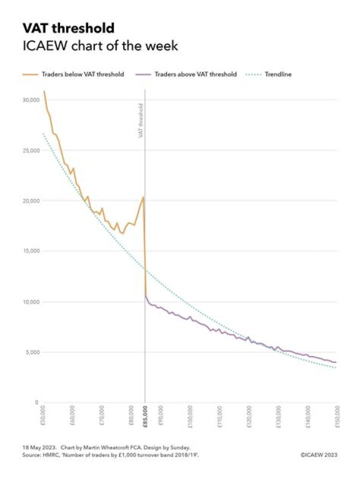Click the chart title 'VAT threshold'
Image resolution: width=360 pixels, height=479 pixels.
68,28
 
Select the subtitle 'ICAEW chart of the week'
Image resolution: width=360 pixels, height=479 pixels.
100,46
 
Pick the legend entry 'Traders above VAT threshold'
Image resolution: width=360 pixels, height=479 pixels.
195,74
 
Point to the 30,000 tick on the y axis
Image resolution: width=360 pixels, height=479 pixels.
31,100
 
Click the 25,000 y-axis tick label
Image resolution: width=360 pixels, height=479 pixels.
31,150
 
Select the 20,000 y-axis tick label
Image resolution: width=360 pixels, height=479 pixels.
31,201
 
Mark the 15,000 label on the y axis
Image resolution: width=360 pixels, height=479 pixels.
31,251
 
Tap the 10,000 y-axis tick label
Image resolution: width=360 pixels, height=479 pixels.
31,302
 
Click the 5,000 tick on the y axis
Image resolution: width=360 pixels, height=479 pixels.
33,352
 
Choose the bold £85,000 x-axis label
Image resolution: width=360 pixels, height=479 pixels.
145,416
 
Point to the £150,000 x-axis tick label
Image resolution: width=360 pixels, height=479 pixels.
336,417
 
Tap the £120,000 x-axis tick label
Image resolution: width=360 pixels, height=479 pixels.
248,417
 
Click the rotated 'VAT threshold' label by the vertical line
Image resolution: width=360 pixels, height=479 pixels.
141,120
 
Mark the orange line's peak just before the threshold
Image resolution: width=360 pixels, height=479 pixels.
143,197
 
